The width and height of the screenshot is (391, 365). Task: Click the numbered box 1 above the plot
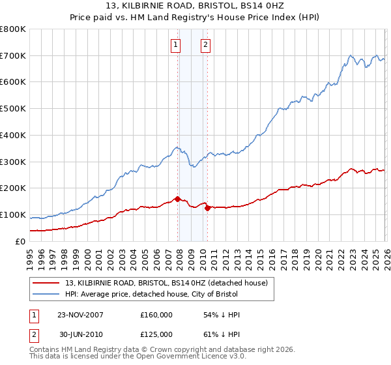click(176, 45)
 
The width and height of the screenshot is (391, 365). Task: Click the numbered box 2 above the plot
click(205, 45)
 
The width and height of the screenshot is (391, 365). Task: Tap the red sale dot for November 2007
click(177, 199)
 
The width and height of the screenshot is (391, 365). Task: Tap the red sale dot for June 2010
click(207, 208)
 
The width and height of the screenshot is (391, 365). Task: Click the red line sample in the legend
click(46, 283)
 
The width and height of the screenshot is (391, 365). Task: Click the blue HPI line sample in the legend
click(46, 295)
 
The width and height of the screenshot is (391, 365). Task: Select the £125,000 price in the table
click(156, 334)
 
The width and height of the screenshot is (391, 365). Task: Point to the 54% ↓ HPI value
click(222, 315)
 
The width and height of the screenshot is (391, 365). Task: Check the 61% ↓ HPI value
click(222, 334)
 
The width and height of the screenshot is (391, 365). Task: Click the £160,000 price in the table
click(156, 315)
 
